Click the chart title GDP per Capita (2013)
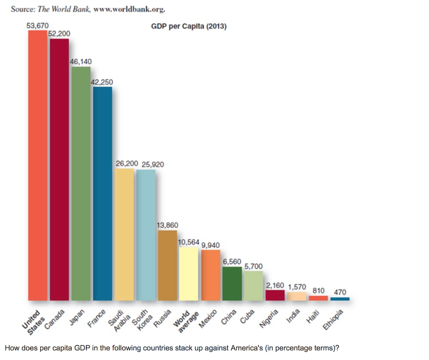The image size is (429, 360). pyautogui.click(x=189, y=26)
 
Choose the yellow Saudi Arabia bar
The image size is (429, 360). pyautogui.click(x=124, y=235)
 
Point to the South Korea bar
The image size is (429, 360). pyautogui.click(x=146, y=235)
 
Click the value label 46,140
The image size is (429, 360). pyautogui.click(x=81, y=62)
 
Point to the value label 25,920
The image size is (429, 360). pyautogui.click(x=152, y=165)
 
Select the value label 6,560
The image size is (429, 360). pyautogui.click(x=232, y=262)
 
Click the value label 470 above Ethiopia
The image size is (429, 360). pyautogui.click(x=340, y=292)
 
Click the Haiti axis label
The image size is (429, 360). pyautogui.click(x=310, y=319)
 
